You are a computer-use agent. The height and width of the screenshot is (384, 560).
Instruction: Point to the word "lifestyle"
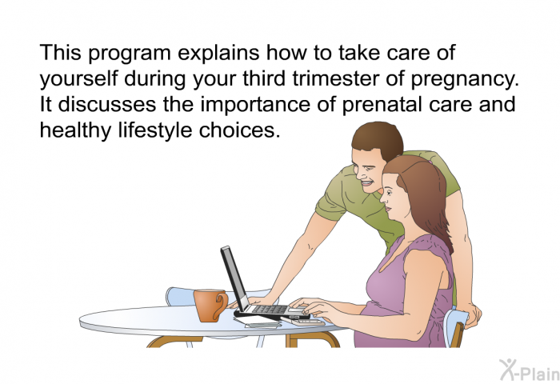point(155,130)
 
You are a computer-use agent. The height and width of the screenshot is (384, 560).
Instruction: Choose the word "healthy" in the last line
point(76,130)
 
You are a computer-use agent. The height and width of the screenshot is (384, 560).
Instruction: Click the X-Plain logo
point(530,370)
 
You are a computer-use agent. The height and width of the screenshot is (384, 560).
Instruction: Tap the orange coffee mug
point(210,306)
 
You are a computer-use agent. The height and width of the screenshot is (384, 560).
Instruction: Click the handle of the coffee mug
point(221,306)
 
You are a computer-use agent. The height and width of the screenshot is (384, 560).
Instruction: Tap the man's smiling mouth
point(366,184)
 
